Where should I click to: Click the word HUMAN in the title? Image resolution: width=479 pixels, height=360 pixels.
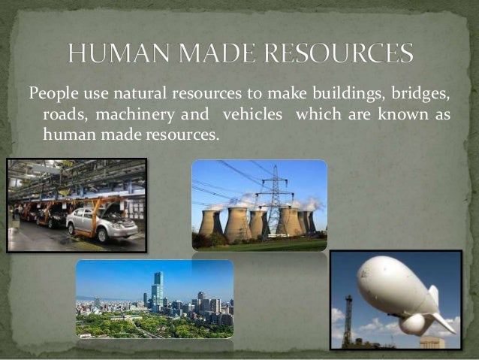(113, 54)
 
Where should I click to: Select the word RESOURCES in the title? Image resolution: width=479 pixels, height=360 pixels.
(343, 54)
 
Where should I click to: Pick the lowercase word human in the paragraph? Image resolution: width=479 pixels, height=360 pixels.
(66, 135)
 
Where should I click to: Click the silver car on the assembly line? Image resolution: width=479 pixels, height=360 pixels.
(101, 224)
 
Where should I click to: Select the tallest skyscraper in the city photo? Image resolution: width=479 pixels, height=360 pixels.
(157, 290)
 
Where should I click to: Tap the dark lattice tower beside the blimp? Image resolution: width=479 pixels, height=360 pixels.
(348, 322)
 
